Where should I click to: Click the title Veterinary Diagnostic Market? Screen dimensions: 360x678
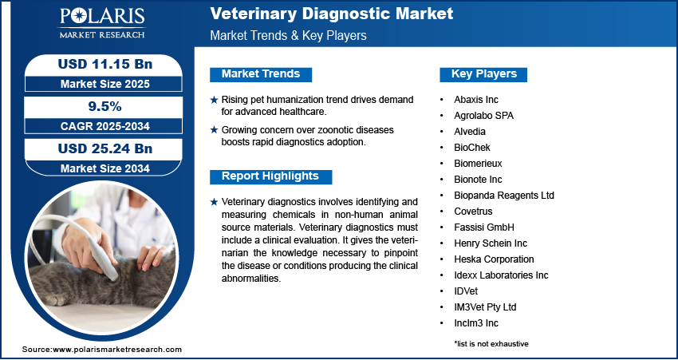tap(331, 14)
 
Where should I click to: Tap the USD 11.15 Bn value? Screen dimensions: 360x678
tap(98, 63)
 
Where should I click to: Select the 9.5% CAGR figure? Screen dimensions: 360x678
tap(98, 106)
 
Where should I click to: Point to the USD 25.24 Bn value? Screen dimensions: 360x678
tap(98, 148)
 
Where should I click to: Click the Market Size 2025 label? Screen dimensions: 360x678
tap(98, 83)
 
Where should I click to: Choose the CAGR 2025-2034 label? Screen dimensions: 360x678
tap(98, 125)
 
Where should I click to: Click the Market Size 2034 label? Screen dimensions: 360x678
tap(98, 168)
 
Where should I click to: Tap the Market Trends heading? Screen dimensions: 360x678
tap(261, 74)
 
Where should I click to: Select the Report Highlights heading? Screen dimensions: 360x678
tap(270, 176)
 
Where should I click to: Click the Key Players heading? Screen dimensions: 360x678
tap(483, 74)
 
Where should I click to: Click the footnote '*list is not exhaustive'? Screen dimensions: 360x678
tap(491, 343)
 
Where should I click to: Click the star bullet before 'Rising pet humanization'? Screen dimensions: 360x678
tap(213, 100)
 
